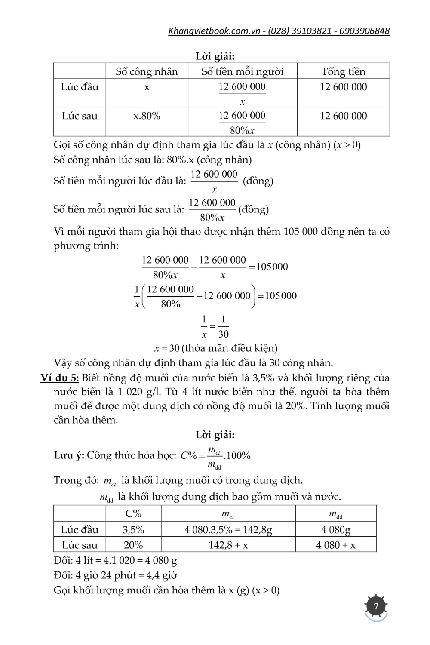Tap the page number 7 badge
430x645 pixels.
pos(376,606)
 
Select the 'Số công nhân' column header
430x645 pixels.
pos(147,71)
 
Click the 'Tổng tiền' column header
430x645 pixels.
pos(343,71)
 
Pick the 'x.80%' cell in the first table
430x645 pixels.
pos(147,116)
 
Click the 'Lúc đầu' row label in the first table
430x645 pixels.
pos(80,87)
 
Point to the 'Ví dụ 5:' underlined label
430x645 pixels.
pos(60,378)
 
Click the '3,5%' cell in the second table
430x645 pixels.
pos(133,530)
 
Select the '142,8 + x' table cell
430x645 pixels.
pos(228,545)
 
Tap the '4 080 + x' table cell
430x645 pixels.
pos(336,545)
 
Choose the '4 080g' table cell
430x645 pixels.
pos(336,530)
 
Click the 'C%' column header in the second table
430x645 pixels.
pos(133,513)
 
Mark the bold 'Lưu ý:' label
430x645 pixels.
pos(69,455)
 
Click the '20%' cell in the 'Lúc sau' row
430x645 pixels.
pos(133,545)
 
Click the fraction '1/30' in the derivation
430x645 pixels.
pos(223,327)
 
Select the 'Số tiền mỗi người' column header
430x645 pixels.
pos(243,71)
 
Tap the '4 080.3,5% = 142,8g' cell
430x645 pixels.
pos(228,530)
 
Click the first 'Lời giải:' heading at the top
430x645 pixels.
pos(215,56)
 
